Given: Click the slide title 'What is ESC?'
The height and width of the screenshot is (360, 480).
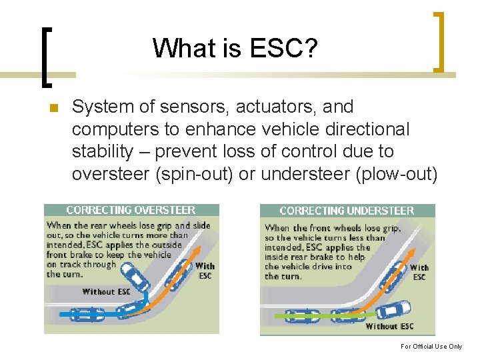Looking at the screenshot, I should click(x=235, y=48).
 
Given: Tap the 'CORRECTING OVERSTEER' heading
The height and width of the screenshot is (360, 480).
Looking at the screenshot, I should click(x=131, y=210).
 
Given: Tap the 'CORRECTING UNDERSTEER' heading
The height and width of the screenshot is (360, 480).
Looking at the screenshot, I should click(x=347, y=211).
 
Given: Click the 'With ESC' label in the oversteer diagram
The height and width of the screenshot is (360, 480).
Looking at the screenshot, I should click(x=205, y=270).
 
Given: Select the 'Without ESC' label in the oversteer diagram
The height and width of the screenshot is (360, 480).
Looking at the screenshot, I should click(x=106, y=291).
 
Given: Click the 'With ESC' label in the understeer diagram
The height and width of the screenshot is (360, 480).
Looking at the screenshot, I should click(x=419, y=272).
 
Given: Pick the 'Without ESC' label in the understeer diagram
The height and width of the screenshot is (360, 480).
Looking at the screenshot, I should click(x=389, y=326).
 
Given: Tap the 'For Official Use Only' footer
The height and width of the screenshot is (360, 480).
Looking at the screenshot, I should click(x=431, y=347).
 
